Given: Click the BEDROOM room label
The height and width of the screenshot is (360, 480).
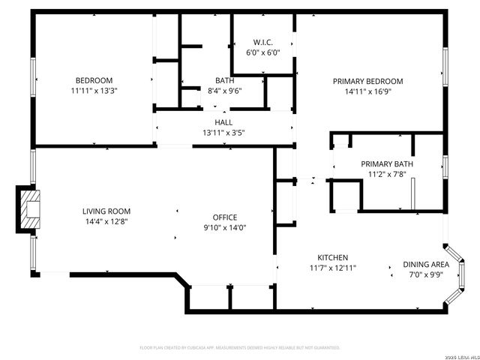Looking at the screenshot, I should [94, 81].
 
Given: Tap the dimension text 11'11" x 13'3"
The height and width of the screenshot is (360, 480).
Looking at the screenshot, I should [94, 91].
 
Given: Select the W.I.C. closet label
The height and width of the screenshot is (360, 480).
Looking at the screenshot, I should [262, 43].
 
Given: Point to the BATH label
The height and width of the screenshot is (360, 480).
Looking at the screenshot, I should [224, 81].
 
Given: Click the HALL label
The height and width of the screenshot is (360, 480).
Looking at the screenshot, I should [223, 122].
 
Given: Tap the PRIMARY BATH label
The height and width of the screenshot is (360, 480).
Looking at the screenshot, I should [386, 164].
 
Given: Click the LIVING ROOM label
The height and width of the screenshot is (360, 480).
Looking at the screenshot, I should [106, 211].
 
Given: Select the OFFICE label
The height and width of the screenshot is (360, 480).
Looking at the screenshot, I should [224, 218].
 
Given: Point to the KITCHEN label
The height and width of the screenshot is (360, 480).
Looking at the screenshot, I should [332, 257].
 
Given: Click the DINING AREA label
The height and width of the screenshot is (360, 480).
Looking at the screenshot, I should [426, 265].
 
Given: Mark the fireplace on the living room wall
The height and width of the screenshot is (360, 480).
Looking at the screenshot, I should [30, 208].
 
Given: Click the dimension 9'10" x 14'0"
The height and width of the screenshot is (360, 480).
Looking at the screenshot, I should [224, 228].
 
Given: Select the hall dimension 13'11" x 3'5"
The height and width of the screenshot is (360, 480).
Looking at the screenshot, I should [223, 133].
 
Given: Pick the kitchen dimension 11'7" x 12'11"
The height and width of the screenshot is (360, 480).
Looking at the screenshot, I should [332, 268].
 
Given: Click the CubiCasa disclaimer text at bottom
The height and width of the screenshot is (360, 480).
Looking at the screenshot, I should [240, 348].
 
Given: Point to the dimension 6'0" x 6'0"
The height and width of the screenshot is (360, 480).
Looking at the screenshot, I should [262, 53].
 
